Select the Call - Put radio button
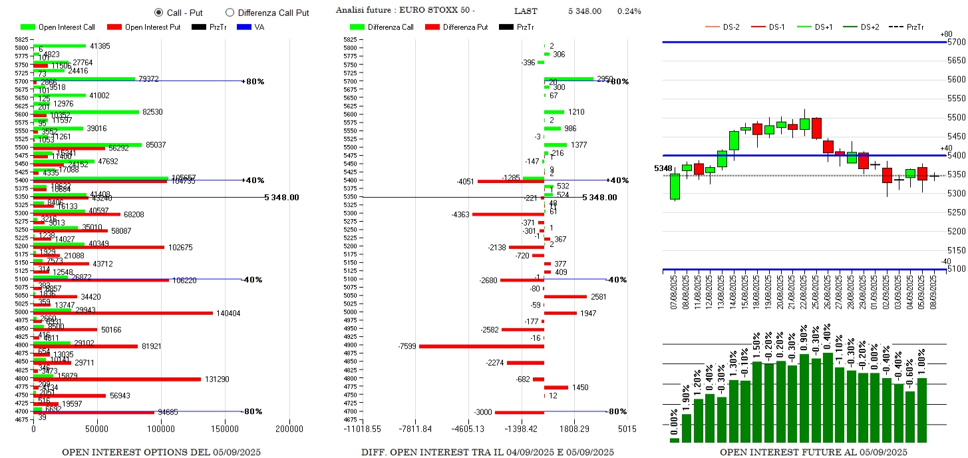pos(158,12)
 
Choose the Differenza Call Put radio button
pos(230,12)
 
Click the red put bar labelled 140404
pos(123,313)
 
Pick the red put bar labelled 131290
pos(117,379)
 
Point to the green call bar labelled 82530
pos(86,112)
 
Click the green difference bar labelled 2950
pos(569,79)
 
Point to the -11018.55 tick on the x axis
pos(362,429)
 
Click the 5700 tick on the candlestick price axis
pos(956,41)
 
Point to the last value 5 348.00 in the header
pos(585,11)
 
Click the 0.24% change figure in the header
pos(629,11)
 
